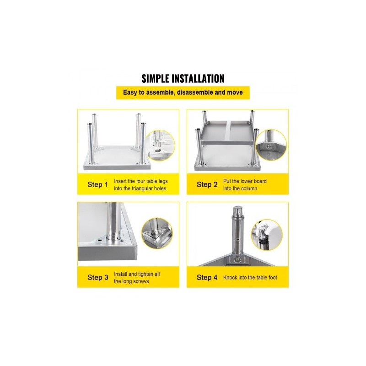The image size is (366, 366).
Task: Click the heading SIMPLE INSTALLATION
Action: coord(183,79)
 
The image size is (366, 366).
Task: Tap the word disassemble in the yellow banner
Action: coord(195,92)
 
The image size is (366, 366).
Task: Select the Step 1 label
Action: coord(97,184)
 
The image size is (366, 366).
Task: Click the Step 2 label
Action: coord(207,184)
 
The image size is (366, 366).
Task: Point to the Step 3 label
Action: coord(98,277)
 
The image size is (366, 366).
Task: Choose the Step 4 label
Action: coord(207,277)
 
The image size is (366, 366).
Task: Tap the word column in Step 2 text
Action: coord(249,188)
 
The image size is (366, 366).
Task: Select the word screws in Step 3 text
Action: coord(141,281)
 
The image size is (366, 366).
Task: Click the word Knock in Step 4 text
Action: coord(230,277)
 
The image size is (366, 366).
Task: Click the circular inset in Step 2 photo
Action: coord(270,145)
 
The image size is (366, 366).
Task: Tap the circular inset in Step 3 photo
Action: coord(157,233)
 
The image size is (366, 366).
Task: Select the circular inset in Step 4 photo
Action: coord(267,235)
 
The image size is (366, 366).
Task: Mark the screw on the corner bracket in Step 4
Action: coord(237,259)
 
